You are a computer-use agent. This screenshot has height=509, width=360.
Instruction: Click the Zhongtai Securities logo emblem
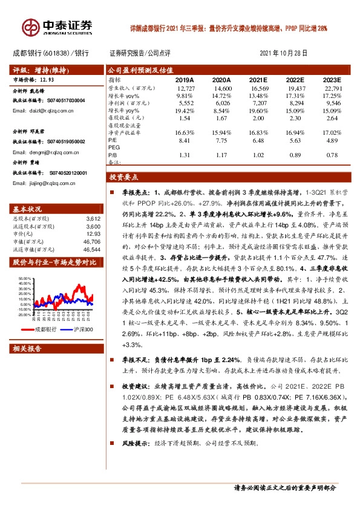click(x=30, y=28)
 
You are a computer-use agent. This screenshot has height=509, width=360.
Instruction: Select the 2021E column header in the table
click(x=258, y=80)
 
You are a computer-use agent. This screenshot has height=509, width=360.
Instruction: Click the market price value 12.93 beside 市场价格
click(x=47, y=79)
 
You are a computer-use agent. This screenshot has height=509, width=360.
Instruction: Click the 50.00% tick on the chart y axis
click(x=24, y=279)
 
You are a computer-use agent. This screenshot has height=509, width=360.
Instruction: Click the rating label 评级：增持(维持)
click(x=40, y=70)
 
